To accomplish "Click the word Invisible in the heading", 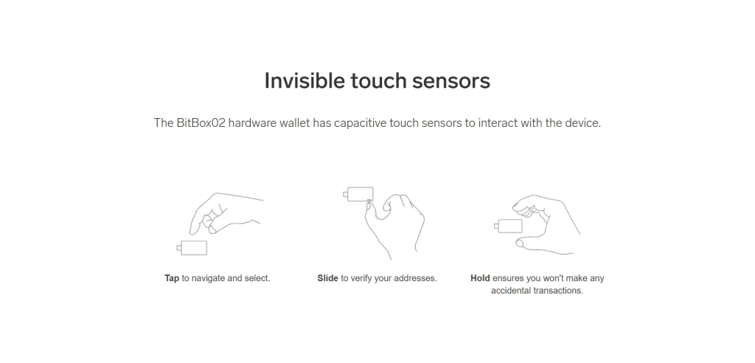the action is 305,80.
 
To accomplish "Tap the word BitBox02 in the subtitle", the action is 201,123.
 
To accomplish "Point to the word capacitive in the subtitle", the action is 360,123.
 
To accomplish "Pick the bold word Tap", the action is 172,279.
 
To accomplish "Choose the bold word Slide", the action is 327,278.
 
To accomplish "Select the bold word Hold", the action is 480,278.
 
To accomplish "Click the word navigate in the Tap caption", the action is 208,279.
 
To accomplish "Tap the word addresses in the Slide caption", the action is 416,278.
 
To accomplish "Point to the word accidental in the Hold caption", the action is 512,291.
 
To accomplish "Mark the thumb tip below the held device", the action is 520,244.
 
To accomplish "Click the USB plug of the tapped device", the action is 179,248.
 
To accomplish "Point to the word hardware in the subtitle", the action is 251,123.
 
